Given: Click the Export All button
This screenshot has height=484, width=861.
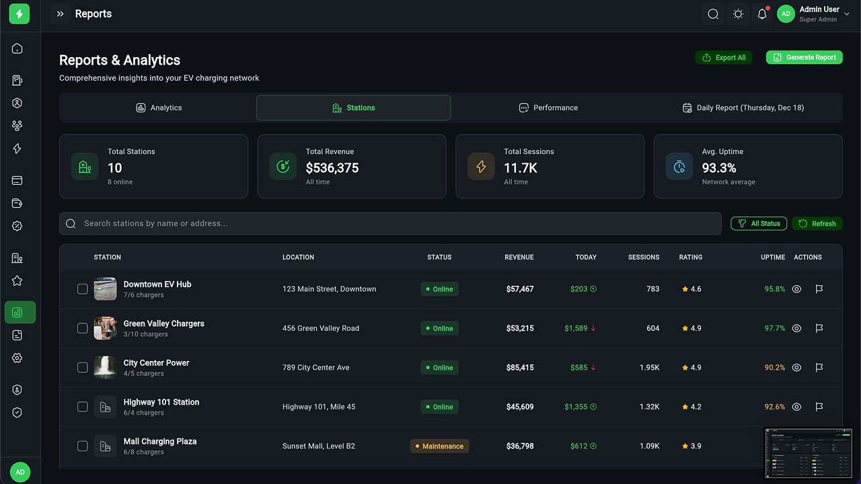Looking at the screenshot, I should pyautogui.click(x=724, y=58).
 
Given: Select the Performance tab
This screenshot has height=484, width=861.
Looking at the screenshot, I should pyautogui.click(x=548, y=108).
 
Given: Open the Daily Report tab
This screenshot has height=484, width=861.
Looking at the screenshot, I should pyautogui.click(x=743, y=108).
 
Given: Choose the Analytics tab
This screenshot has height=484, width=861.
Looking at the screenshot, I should pyautogui.click(x=159, y=108).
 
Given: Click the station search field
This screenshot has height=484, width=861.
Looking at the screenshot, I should pyautogui.click(x=390, y=223).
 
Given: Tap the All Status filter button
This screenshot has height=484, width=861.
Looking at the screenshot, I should pyautogui.click(x=759, y=223).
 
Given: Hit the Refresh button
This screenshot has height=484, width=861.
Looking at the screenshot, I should pyautogui.click(x=817, y=223).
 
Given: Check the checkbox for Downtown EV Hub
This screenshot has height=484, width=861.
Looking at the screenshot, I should pyautogui.click(x=83, y=289).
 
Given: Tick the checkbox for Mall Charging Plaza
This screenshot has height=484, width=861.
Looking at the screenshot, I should pyautogui.click(x=83, y=446).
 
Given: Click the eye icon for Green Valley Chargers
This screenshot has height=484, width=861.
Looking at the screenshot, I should pyautogui.click(x=796, y=329).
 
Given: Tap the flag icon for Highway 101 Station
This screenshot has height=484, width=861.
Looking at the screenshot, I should pyautogui.click(x=819, y=407).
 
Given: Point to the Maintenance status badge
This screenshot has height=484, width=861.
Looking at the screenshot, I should pyautogui.click(x=439, y=446).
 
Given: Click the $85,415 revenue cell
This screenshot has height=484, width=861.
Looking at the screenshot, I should pyautogui.click(x=520, y=368).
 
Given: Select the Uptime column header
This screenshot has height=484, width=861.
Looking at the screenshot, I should pyautogui.click(x=772, y=257).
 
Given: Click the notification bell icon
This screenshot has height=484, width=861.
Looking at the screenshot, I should pyautogui.click(x=762, y=14).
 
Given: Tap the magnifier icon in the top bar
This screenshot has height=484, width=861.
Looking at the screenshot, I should pyautogui.click(x=713, y=14).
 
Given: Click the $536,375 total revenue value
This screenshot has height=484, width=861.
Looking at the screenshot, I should pyautogui.click(x=332, y=168).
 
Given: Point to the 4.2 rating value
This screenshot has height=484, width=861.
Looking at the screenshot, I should pyautogui.click(x=691, y=407).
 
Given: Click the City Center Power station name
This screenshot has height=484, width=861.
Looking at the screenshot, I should pyautogui.click(x=156, y=363).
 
